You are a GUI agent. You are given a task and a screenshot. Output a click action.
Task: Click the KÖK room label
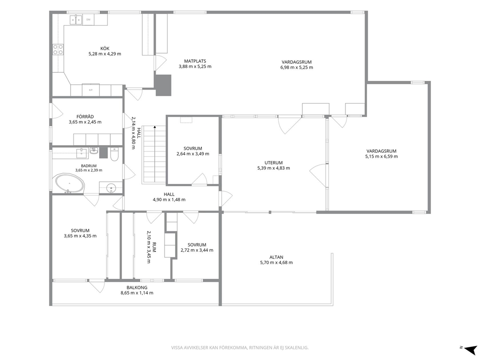(105, 48)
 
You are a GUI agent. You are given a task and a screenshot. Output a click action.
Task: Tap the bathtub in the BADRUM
(70, 184)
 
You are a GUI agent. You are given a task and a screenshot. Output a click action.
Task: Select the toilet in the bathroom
(114, 154)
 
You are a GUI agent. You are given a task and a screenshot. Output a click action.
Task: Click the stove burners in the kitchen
(58, 49)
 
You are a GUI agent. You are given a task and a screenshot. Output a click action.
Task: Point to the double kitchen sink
(76, 19)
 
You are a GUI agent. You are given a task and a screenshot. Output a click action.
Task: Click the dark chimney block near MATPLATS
(164, 85)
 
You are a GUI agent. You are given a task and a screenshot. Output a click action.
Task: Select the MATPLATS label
(195, 61)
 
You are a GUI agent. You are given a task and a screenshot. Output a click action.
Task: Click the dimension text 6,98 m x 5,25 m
(297, 67)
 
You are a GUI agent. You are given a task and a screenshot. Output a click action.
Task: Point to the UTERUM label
(274, 163)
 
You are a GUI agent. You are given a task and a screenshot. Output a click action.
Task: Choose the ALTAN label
(276, 257)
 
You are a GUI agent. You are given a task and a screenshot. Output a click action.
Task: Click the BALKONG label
(137, 287)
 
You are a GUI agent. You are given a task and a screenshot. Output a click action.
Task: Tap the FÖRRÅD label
(85, 117)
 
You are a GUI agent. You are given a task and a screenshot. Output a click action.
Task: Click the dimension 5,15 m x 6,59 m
(381, 156)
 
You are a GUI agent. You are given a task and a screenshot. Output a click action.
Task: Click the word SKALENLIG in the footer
(298, 348)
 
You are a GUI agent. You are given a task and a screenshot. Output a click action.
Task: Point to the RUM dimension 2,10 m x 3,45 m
(149, 247)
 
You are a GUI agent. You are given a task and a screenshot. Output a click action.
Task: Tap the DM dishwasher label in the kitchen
(88, 19)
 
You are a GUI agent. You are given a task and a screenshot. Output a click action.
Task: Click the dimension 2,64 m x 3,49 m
(193, 154)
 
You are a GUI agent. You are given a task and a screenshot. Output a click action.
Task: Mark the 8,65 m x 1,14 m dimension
(137, 293)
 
